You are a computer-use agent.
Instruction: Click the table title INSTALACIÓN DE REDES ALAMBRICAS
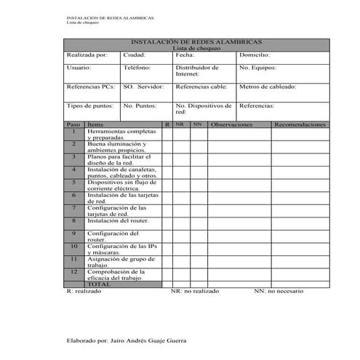[x=196, y=42]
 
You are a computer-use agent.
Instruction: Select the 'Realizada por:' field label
[x=87, y=55]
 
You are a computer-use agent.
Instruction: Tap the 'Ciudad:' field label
[x=135, y=55]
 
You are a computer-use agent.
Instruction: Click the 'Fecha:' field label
[x=185, y=55]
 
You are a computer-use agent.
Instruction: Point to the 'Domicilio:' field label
[x=255, y=55]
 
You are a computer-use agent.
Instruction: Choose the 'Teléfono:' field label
[x=137, y=68]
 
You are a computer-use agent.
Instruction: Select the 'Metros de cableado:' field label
[x=268, y=87]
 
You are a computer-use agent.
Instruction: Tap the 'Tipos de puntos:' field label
[x=90, y=105]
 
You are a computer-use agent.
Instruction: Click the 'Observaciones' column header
[x=231, y=124]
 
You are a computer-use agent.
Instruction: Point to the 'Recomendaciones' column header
[x=300, y=124]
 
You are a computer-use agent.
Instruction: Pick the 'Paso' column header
[x=73, y=124]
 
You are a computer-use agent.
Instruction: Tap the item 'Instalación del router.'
[x=118, y=220]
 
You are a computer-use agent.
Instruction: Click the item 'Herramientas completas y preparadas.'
[x=120, y=134]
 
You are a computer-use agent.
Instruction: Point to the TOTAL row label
[x=98, y=284]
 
